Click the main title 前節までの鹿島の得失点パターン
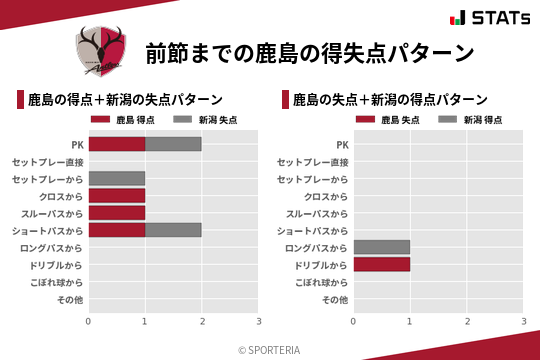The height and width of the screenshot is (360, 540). (309, 52)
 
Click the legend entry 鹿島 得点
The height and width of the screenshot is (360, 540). (127, 120)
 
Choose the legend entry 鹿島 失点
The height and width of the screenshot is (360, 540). (392, 120)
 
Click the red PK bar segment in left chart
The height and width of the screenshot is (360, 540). (117, 144)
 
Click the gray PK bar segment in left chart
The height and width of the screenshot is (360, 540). (173, 144)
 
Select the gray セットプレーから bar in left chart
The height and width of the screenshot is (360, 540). (117, 178)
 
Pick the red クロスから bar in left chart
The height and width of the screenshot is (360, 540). (117, 196)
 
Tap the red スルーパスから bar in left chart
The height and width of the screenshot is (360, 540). (117, 213)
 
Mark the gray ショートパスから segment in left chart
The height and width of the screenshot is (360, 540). (173, 230)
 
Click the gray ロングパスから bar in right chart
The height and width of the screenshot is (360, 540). (382, 247)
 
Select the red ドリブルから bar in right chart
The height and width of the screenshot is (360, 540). (382, 265)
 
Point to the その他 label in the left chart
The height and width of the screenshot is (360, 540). (69, 299)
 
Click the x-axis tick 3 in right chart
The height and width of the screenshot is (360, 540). (524, 321)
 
